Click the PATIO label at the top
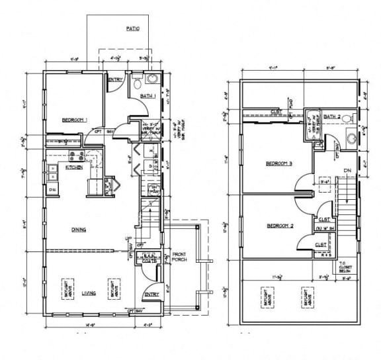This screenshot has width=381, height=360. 132,28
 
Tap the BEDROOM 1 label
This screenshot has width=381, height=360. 75,120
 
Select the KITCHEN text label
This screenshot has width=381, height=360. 74,167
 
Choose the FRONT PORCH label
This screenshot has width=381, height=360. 179,257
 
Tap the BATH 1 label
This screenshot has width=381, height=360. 148,97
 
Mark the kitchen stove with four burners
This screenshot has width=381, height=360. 75,156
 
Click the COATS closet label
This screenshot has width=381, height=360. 148,260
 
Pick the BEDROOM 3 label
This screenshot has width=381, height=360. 279,163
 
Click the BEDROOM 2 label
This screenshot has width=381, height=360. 279,226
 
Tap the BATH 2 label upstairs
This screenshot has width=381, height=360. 332,116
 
